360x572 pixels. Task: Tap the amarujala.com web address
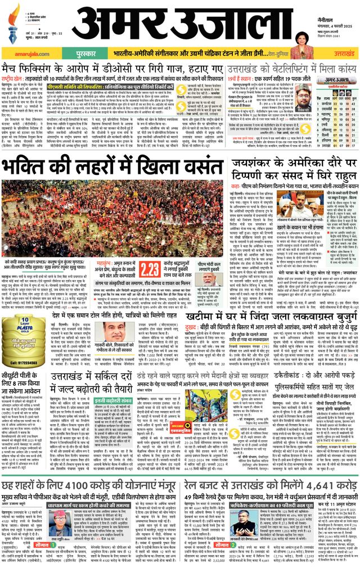(24, 50)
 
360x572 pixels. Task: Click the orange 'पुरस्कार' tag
(73, 50)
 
